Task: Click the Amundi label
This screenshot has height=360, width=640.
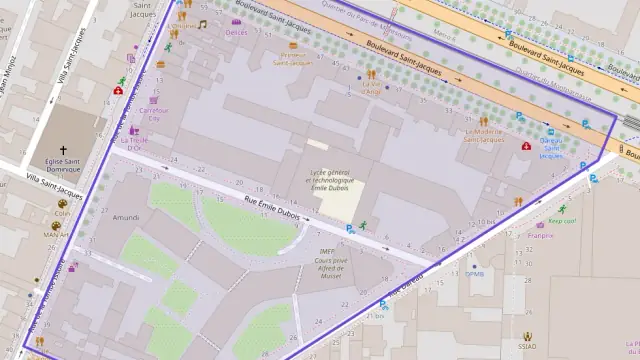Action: tap(126, 217)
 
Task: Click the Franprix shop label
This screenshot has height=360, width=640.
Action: tap(541, 236)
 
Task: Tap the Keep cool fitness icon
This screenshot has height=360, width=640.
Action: tap(562, 209)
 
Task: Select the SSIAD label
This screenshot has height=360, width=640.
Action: tap(527, 348)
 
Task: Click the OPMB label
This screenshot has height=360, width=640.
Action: tap(474, 273)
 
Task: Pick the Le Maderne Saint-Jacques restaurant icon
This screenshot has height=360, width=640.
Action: tap(482, 117)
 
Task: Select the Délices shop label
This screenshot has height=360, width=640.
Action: tap(236, 33)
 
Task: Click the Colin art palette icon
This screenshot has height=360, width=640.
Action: tap(62, 202)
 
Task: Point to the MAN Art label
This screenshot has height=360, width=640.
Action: tap(56, 236)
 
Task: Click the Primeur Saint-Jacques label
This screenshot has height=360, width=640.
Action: tap(290, 59)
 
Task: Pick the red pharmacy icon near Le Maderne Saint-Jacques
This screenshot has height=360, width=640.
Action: tap(526, 145)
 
